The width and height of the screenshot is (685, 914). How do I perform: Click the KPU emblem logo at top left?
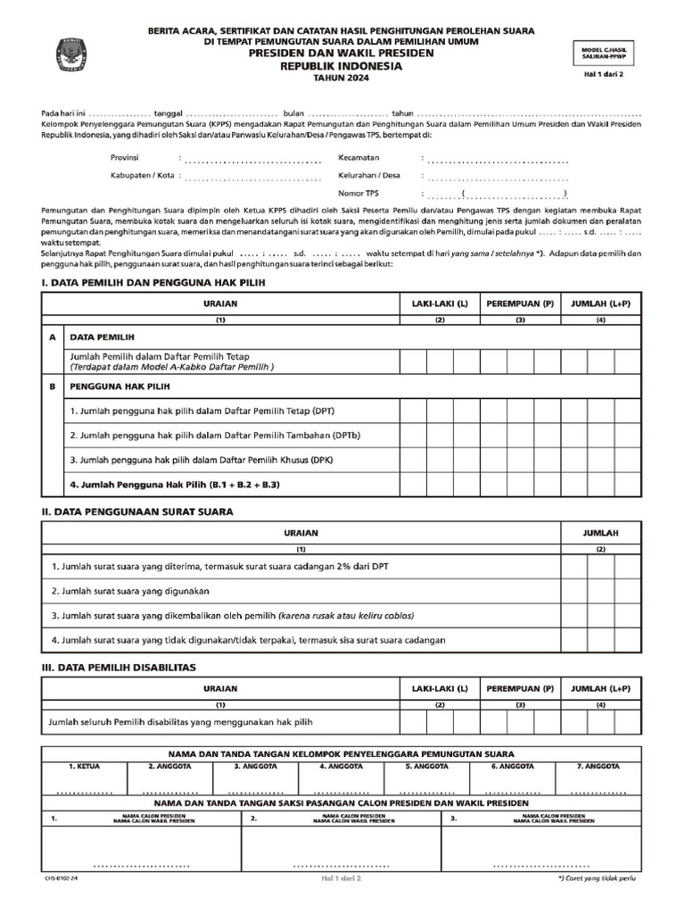68,53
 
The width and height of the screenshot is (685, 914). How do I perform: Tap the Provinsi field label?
125,157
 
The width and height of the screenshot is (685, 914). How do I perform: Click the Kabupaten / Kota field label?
142,175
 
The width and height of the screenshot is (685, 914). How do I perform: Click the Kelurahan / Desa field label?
369,175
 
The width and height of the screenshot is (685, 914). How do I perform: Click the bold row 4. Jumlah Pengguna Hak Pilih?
176,484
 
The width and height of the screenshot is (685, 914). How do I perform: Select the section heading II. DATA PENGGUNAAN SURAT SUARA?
137,511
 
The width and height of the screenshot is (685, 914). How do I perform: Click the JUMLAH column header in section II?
600,532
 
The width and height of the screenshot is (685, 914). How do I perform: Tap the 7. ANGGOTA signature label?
598,766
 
